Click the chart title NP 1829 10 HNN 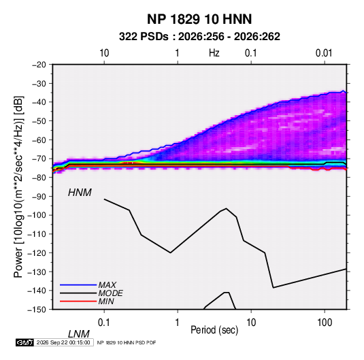pyautogui.click(x=199, y=19)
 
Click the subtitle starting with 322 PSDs pyautogui.click(x=199, y=37)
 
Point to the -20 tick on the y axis pyautogui.click(x=39, y=65)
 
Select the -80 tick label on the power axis pyautogui.click(x=39, y=178)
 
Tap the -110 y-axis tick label pyautogui.click(x=37, y=234)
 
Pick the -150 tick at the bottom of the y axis pyautogui.click(x=37, y=310)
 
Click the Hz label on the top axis pyautogui.click(x=214, y=53)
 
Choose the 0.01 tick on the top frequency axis pyautogui.click(x=324, y=53)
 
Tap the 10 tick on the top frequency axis pyautogui.click(x=104, y=53)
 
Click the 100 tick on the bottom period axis pyautogui.click(x=325, y=323)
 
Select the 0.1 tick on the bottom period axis pyautogui.click(x=103, y=323)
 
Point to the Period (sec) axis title pyautogui.click(x=214, y=330)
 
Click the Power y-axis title pyautogui.click(x=18, y=186)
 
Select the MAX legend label pyautogui.click(x=107, y=285)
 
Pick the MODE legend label pyautogui.click(x=110, y=293)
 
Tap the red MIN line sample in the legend pyautogui.click(x=78, y=301)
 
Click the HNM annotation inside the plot pyautogui.click(x=80, y=193)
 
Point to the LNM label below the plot pyautogui.click(x=78, y=334)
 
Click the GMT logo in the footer pyautogui.click(x=24, y=342)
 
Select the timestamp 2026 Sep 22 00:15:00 pyautogui.click(x=63, y=342)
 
